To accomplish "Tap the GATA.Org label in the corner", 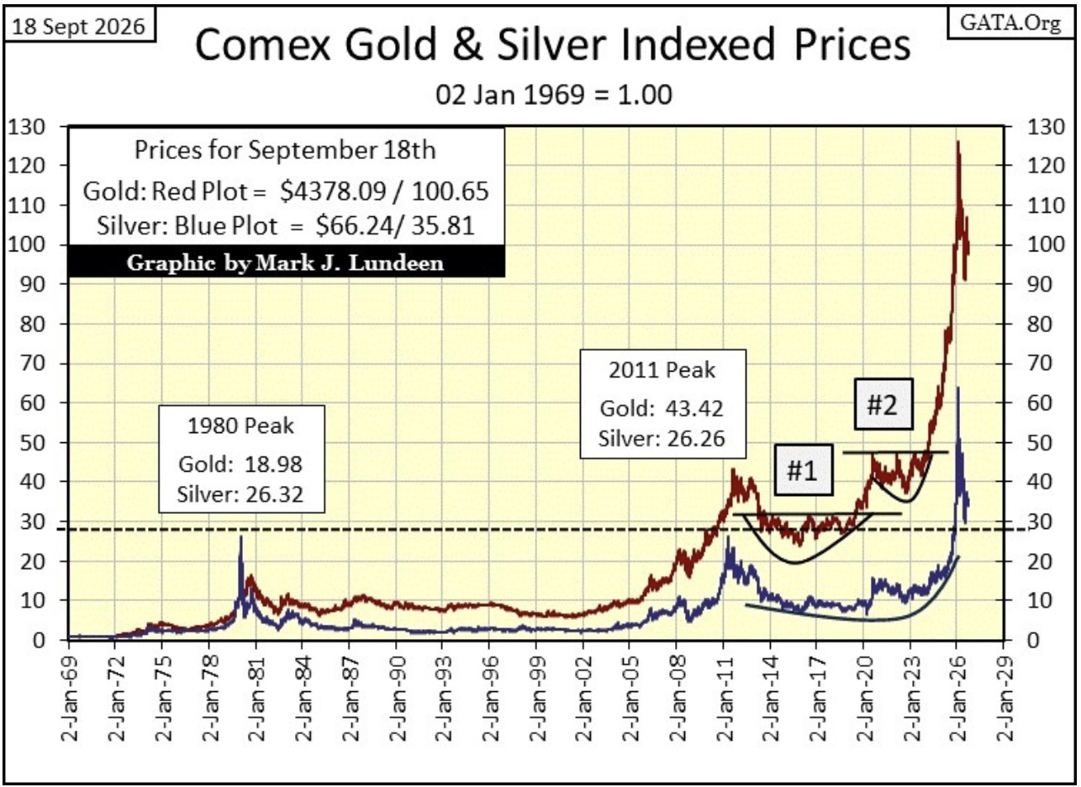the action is click(x=1010, y=23).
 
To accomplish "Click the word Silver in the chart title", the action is click(x=551, y=44).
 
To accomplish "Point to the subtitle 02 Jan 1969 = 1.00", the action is click(x=554, y=95).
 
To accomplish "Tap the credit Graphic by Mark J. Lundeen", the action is click(x=285, y=263).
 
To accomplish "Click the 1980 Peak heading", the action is click(x=240, y=425).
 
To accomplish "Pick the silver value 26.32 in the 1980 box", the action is click(x=274, y=494).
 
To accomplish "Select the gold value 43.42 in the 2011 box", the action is click(x=694, y=409).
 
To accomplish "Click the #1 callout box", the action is click(x=803, y=470).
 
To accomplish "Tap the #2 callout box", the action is click(x=883, y=404).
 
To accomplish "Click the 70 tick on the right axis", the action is click(x=1040, y=363).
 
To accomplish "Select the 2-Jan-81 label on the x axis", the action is click(x=256, y=699).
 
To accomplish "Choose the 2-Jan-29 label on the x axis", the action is click(x=1005, y=699).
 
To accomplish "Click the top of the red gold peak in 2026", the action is click(x=957, y=141).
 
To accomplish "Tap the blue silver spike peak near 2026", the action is click(x=957, y=388).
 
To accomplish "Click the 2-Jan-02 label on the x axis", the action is click(x=583, y=699).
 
